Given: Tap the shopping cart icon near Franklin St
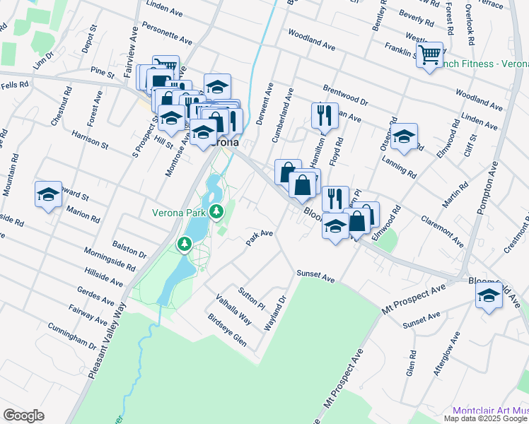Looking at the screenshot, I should tap(429, 54).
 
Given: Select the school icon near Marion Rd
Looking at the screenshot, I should tap(48, 194).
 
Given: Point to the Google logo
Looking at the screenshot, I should tap(23, 416).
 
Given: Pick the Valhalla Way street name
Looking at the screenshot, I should tap(233, 308).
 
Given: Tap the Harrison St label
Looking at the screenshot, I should tap(89, 139).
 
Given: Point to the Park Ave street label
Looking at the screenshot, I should tap(259, 237).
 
